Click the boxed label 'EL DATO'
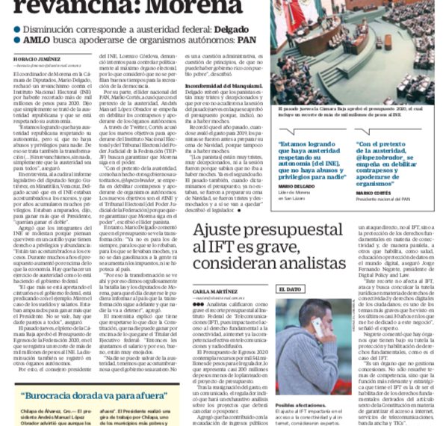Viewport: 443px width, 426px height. pyautogui.click(x=288, y=288)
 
